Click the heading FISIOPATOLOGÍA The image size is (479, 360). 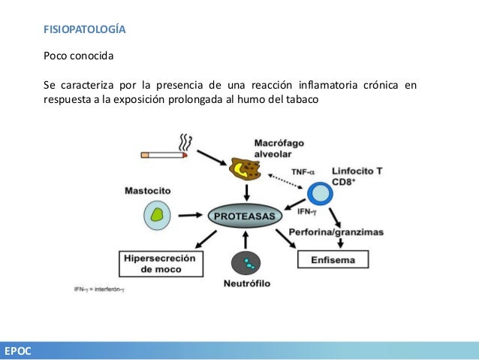83,31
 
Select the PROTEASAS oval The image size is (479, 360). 245,215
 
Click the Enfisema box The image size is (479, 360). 334,260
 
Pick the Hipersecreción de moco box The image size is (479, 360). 162,264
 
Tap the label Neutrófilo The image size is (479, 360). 246,284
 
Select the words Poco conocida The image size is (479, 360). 79,56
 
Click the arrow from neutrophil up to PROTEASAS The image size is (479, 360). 246,241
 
